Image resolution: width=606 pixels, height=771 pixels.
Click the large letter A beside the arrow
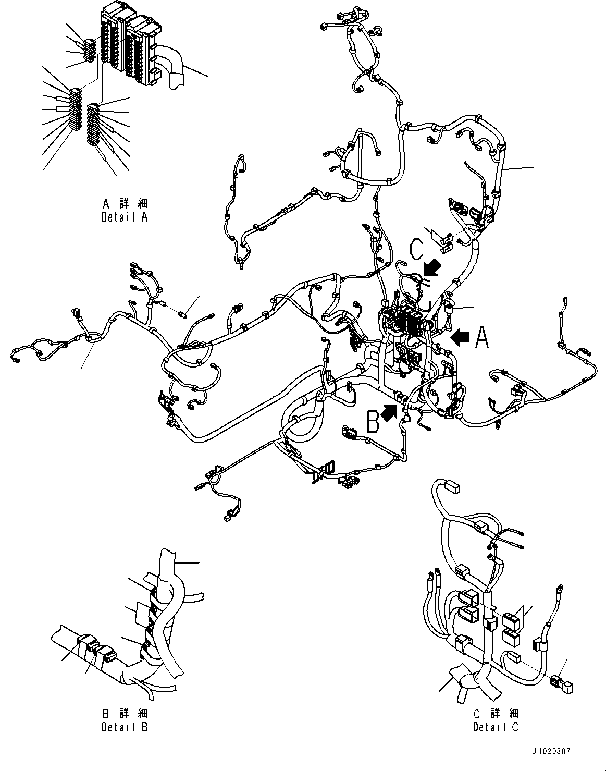pyautogui.click(x=482, y=338)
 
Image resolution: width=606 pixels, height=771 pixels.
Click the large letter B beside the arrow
pyautogui.click(x=373, y=422)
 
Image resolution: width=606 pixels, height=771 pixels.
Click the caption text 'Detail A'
pyautogui.click(x=125, y=217)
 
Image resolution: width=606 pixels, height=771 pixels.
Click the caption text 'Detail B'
pyautogui.click(x=125, y=727)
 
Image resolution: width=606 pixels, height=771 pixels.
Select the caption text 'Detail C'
pyautogui.click(x=496, y=727)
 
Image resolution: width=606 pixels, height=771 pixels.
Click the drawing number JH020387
pyautogui.click(x=551, y=751)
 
